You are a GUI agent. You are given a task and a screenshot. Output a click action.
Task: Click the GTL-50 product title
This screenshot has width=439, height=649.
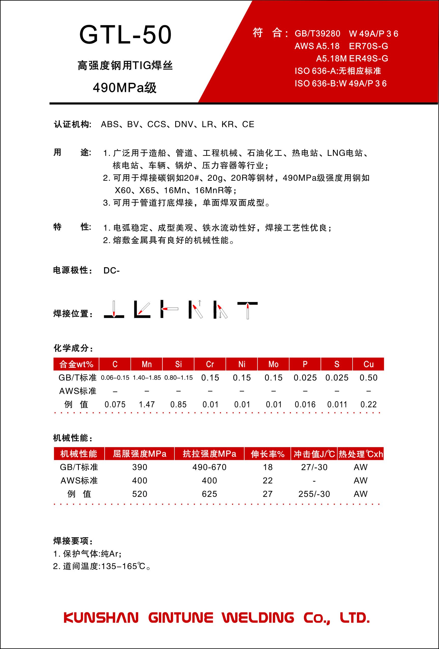point(125,35)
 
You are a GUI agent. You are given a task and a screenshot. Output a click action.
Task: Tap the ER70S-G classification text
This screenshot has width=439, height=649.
point(368,46)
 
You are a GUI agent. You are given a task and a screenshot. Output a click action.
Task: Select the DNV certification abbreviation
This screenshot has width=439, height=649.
point(184,124)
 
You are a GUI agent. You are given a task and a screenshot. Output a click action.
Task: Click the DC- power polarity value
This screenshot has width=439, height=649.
point(111,270)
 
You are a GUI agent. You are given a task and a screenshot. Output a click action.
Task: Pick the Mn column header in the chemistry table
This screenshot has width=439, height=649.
point(147,364)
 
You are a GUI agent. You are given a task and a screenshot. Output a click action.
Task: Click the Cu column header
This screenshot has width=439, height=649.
point(368,364)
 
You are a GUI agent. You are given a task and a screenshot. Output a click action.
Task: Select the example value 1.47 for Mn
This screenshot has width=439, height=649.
point(147,404)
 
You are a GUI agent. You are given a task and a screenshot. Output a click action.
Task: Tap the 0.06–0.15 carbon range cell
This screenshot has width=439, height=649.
point(115,378)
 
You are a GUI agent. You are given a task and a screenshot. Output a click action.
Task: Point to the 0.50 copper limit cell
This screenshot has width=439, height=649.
point(368,378)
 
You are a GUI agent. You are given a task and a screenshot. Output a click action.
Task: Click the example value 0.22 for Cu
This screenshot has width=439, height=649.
point(368,404)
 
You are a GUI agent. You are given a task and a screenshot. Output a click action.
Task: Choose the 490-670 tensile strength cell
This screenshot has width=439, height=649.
point(209,467)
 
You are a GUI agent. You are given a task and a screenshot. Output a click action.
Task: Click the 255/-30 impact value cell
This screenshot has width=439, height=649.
point(314,494)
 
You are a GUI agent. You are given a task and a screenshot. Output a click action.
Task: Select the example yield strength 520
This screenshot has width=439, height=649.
point(139,494)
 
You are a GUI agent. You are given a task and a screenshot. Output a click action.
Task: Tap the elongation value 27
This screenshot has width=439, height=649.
point(267,494)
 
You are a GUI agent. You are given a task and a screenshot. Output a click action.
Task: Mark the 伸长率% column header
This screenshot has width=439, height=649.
point(267,454)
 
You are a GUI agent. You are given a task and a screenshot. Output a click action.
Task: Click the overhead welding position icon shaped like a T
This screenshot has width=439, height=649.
point(247,309)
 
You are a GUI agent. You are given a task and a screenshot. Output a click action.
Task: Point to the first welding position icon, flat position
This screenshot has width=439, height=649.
point(114,309)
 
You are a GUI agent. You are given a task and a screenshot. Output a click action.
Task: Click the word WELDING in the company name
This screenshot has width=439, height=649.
point(258,617)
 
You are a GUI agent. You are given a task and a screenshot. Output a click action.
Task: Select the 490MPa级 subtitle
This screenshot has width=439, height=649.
point(125,88)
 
